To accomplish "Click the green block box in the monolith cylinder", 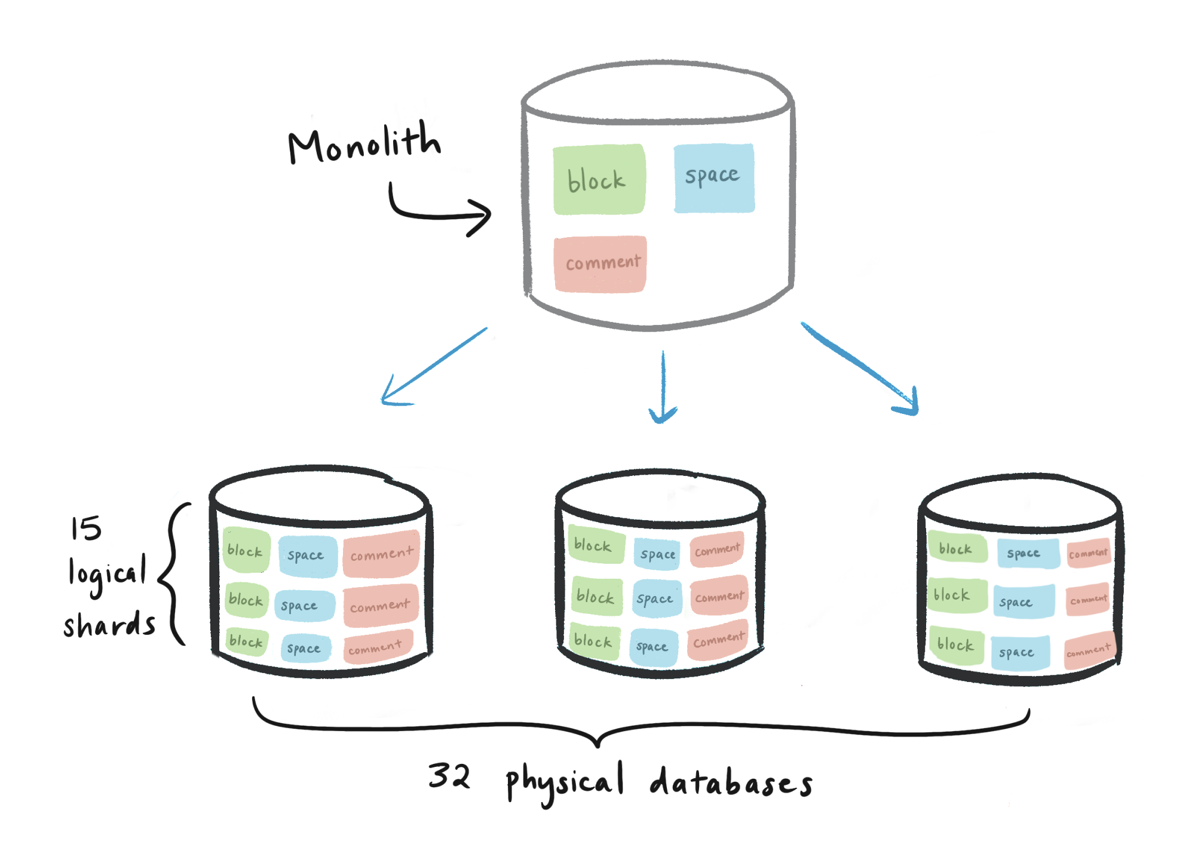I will [x=599, y=179].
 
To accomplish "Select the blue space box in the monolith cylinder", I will [x=714, y=177].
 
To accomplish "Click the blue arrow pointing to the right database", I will [x=860, y=367].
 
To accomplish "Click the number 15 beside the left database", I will [x=86, y=529].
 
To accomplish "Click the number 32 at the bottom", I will [x=449, y=776].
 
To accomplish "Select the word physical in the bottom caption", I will [x=565, y=782].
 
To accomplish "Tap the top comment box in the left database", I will [x=381, y=554].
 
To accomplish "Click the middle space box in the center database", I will [x=655, y=598].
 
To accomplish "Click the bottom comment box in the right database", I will [x=1089, y=650].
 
